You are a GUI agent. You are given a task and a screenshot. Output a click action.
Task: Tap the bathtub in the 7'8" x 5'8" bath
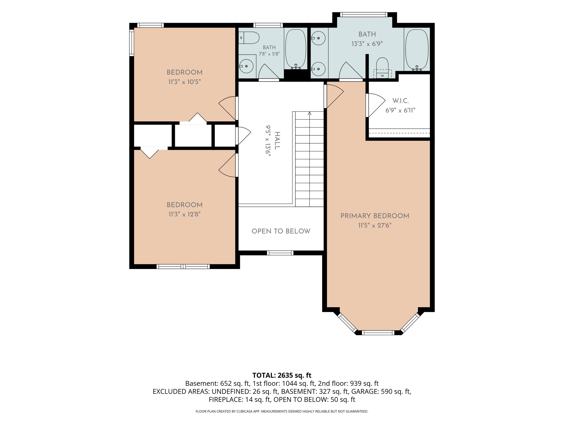tap(296, 49)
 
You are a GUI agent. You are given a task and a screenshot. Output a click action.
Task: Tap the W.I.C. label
tap(400, 101)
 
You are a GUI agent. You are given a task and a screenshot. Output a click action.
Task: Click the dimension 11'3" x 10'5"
tap(185, 82)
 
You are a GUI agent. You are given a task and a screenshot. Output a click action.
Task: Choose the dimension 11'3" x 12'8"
tap(185, 214)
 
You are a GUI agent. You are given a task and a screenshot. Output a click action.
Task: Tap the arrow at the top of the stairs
tap(309, 113)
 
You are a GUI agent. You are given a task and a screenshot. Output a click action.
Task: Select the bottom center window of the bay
tap(378, 333)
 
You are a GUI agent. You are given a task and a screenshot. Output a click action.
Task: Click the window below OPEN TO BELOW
tap(280, 253)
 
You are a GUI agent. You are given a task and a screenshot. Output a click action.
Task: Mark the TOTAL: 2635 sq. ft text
tap(282, 375)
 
